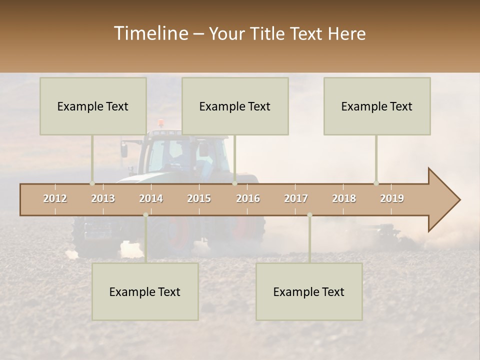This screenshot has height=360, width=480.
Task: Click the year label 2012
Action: pyautogui.click(x=55, y=198)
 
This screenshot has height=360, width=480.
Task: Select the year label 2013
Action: pyautogui.click(x=103, y=198)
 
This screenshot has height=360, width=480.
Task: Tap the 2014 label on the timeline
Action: pyautogui.click(x=151, y=198)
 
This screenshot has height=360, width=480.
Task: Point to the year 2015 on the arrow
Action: pyautogui.click(x=199, y=198)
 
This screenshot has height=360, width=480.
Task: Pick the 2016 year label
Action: pyautogui.click(x=248, y=198)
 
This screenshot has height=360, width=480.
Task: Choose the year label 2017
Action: pyautogui.click(x=296, y=198)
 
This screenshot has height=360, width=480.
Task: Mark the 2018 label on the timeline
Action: pyautogui.click(x=344, y=198)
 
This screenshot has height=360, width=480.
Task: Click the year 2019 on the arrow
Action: pyautogui.click(x=392, y=198)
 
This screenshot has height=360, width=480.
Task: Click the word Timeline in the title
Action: pyautogui.click(x=150, y=33)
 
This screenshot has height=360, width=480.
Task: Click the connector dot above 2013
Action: pyautogui.click(x=92, y=183)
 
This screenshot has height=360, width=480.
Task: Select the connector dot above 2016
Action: pyautogui.click(x=234, y=183)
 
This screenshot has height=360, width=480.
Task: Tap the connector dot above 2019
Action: pyautogui.click(x=376, y=183)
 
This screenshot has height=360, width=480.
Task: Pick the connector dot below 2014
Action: pyautogui.click(x=145, y=215)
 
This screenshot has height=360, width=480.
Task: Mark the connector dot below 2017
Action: pyautogui.click(x=309, y=215)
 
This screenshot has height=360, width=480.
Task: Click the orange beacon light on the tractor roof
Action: pyautogui.click(x=160, y=122)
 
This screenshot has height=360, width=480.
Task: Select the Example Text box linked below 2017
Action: pyautogui.click(x=309, y=291)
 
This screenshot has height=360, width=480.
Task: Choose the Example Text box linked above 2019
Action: pyautogui.click(x=377, y=106)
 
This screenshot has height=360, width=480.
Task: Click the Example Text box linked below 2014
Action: pyautogui.click(x=145, y=291)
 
